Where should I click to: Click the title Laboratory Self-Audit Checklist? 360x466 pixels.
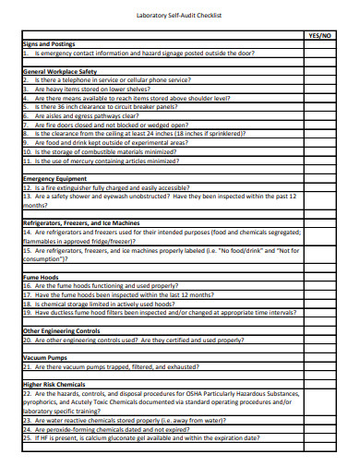click(179, 16)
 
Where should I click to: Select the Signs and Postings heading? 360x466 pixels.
click(51, 44)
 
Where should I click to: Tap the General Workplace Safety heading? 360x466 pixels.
click(60, 71)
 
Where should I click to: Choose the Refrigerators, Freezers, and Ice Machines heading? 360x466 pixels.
click(81, 222)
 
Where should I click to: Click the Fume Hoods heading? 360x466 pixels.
click(41, 277)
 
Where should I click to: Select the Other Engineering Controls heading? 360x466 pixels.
click(61, 330)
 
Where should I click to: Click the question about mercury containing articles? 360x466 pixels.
click(111, 160)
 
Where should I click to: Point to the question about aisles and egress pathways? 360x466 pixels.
click(92, 116)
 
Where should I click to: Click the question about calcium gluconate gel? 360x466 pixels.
click(148, 438)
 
